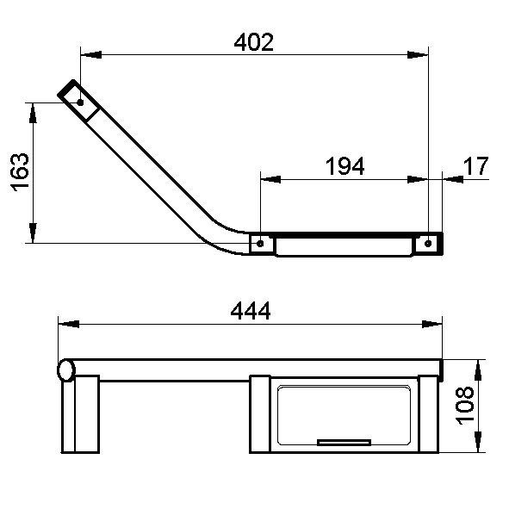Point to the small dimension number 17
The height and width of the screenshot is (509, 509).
coord(475,166)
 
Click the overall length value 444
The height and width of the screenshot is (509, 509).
coord(250,311)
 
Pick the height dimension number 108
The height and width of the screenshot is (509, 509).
coord(465,406)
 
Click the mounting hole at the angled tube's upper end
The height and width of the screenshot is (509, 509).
coord(80,102)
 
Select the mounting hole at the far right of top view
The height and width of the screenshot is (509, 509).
coord(428,244)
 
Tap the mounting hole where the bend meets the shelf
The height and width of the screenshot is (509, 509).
coord(260,244)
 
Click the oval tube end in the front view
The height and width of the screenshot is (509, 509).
coord(65,370)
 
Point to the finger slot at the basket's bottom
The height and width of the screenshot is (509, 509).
coord(345,442)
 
